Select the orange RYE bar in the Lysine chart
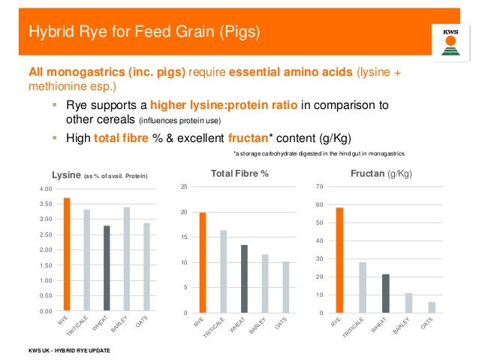pos(67,254)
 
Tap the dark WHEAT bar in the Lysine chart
pos(107,268)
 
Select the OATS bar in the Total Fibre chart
pos(286,287)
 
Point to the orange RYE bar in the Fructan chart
pos(340,260)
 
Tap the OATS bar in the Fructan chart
pos(431,307)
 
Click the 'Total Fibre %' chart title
pos(241,174)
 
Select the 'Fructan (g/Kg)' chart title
pos(381,174)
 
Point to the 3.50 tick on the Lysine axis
pos(46,204)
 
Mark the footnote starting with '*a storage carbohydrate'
pos(319,153)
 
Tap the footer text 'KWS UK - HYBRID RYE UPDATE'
pos(68,352)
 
